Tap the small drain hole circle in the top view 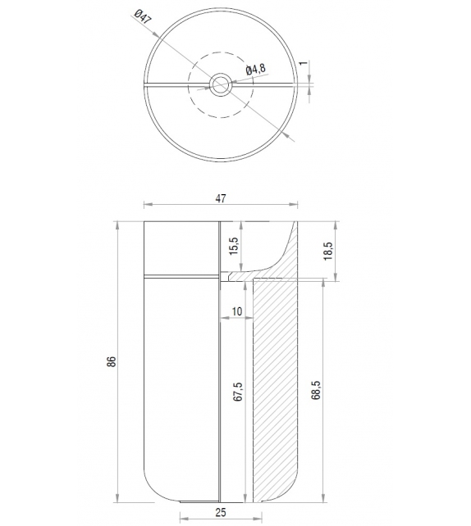click(220, 83)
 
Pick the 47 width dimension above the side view click(220, 198)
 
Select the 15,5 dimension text click(234, 246)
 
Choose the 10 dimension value click(237, 312)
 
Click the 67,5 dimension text click(237, 392)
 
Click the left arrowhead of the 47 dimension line click(147, 206)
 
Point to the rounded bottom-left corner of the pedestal click(151, 490)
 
